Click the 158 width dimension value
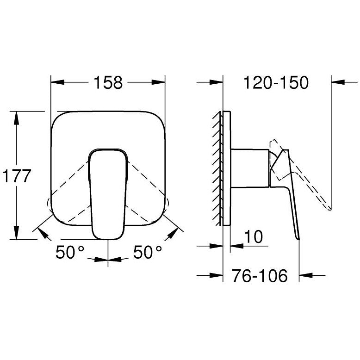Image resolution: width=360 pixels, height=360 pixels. [109, 83]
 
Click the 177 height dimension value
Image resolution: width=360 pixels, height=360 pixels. [16, 176]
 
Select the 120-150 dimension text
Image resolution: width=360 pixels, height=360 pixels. [275, 83]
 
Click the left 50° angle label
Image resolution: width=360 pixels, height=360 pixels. [70, 252]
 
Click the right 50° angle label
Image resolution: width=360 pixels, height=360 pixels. [148, 252]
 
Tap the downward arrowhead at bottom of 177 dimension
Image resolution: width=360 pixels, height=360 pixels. [16, 234]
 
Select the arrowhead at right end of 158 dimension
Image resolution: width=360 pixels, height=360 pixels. [160, 83]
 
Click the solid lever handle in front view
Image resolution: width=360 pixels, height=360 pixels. [108, 192]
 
